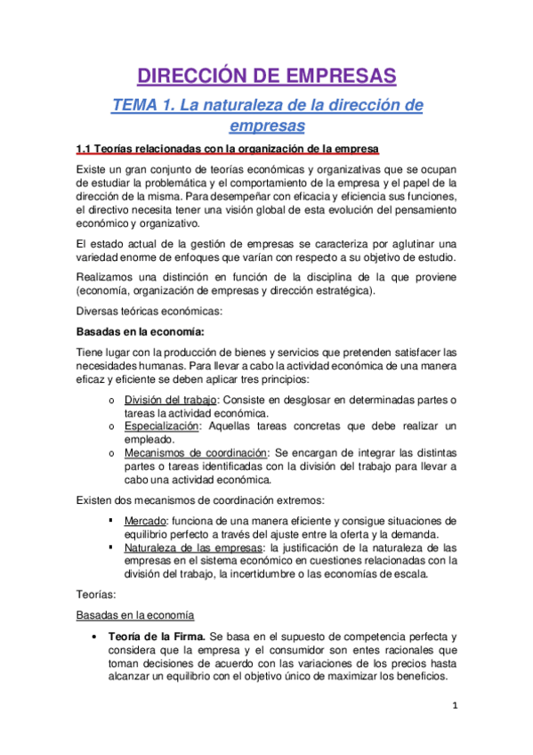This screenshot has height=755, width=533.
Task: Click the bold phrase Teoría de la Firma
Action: click(156, 637)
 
